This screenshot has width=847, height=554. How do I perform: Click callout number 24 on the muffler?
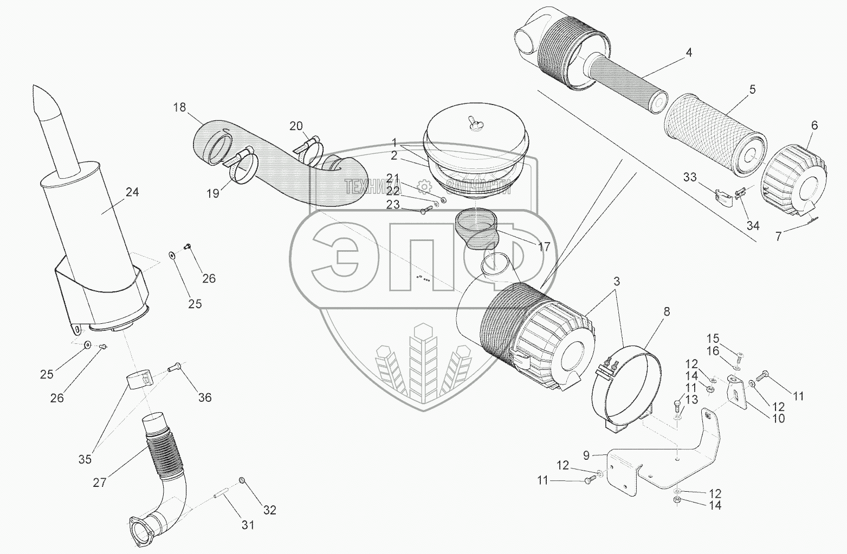point(132,192)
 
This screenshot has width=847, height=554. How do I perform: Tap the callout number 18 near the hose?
point(179,107)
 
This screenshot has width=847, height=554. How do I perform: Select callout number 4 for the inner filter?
point(688,53)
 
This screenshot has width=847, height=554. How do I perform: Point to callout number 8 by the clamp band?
point(666,311)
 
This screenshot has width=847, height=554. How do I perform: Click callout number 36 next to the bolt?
point(204,397)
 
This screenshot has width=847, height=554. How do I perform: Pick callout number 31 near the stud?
point(248,525)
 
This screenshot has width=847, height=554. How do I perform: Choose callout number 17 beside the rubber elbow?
point(544,247)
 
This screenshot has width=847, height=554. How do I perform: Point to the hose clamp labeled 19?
point(240,165)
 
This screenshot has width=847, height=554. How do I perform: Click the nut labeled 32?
point(241,481)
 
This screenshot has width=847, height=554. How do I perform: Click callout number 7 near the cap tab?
point(779,236)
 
